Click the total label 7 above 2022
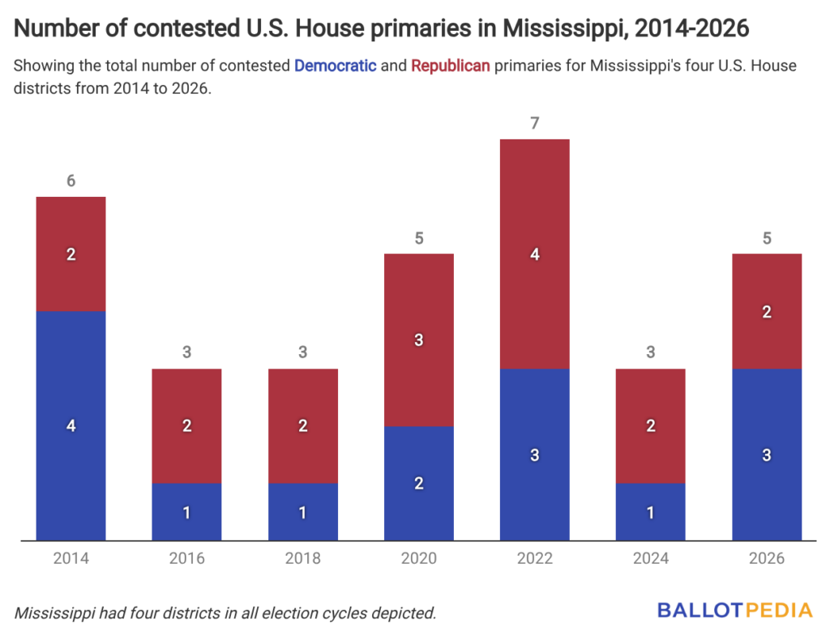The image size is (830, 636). point(535,123)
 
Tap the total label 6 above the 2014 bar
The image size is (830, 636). point(71,181)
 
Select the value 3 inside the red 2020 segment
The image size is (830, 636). point(419,340)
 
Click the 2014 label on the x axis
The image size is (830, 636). point(71,558)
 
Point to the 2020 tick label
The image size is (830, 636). point(419,558)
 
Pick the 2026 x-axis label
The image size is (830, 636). point(767,558)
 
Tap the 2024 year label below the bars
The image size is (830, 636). point(651,558)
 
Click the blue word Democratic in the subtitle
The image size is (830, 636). point(335,66)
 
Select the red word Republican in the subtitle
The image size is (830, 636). point(451,66)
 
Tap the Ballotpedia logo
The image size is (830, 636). point(734,610)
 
